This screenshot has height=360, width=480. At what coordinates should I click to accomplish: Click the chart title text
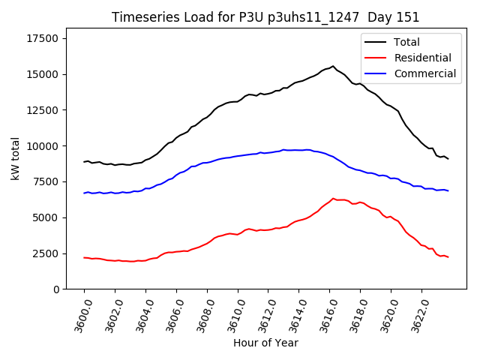(x=265, y=17)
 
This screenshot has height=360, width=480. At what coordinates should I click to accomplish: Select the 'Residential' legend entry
(x=422, y=58)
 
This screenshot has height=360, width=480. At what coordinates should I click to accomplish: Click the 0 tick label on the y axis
(x=55, y=289)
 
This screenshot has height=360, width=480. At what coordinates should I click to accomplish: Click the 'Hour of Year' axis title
(x=265, y=343)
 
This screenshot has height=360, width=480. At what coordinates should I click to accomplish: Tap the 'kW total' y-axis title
(x=15, y=159)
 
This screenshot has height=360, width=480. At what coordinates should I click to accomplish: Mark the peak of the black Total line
(x=333, y=66)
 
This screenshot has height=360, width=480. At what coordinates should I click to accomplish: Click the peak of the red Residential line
(x=333, y=198)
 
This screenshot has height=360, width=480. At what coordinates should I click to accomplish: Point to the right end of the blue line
(x=448, y=191)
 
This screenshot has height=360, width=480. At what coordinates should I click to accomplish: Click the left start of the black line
(x=84, y=161)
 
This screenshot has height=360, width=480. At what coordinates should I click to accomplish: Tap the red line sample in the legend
(x=377, y=58)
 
